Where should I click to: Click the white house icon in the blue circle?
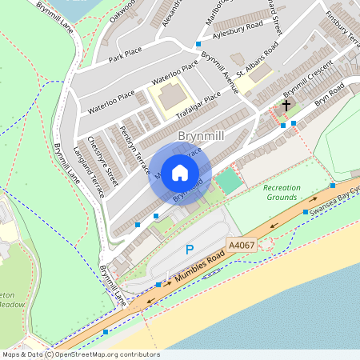point(180,172)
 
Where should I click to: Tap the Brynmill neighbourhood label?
point(202,137)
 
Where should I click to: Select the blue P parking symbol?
point(190,250)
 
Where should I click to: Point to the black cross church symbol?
point(286,105)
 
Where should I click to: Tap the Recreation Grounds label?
point(282,192)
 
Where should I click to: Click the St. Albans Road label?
point(255,60)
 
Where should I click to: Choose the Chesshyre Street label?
point(105,160)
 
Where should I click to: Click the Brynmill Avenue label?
point(220,73)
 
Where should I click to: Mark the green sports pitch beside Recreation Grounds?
point(229,181)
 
